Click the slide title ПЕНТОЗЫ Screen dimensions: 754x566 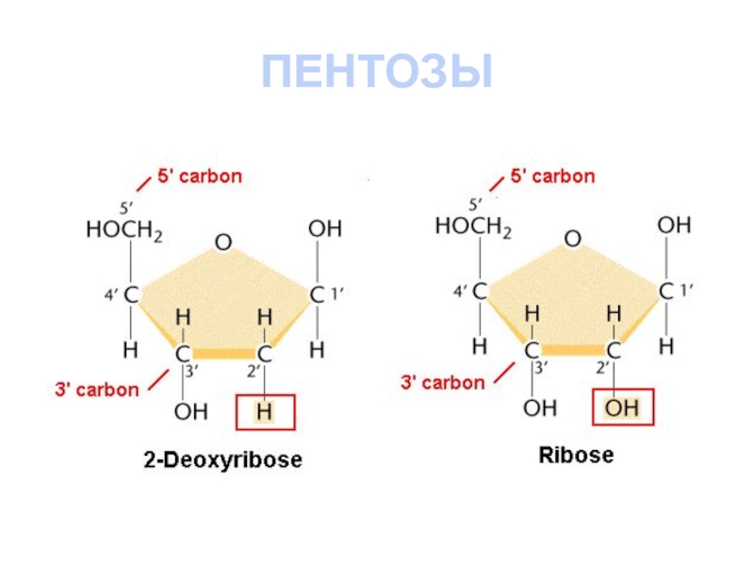[x=377, y=73]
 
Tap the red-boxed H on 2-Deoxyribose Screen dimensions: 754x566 [x=265, y=411]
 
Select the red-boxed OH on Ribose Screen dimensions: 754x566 [x=621, y=408]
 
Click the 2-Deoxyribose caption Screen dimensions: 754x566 [x=222, y=460]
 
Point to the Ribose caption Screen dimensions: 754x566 [x=575, y=456]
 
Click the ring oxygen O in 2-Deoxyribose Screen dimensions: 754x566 [x=222, y=243]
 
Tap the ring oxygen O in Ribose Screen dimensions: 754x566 [x=572, y=240]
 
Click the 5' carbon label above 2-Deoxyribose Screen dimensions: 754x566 [x=199, y=176]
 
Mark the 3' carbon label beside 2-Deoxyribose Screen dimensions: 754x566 [x=95, y=389]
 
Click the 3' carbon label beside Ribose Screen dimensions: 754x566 [x=443, y=382]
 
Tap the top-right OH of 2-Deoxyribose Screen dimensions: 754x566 [x=325, y=229]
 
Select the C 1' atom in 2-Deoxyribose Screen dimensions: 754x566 [x=318, y=295]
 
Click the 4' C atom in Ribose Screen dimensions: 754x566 [x=480, y=292]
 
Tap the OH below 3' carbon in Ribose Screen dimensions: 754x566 [x=540, y=408]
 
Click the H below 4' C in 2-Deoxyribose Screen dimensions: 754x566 [x=130, y=350]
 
